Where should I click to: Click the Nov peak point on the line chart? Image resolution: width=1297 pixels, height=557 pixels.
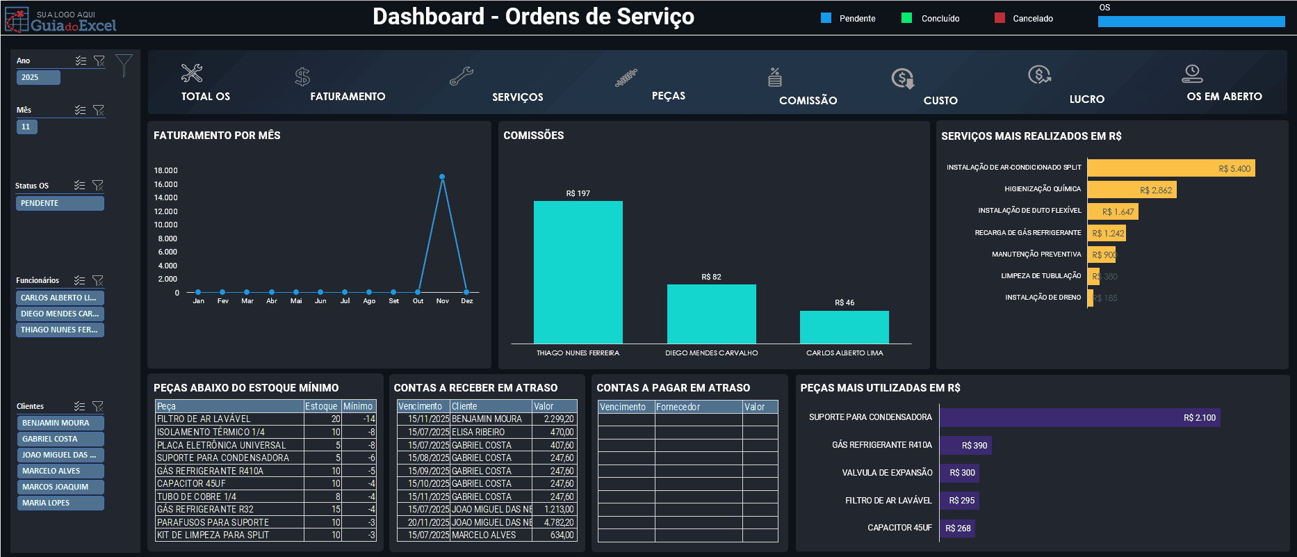[x=442, y=177]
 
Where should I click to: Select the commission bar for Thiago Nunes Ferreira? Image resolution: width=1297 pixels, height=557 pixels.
[x=578, y=272]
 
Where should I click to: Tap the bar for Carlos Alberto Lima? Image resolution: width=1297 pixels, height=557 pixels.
[x=844, y=327]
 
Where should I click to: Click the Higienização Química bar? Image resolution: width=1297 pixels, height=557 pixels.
[x=1131, y=190]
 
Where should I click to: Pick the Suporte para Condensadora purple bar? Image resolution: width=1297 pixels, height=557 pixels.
[x=1079, y=418]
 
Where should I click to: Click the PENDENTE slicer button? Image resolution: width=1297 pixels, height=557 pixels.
[x=60, y=203]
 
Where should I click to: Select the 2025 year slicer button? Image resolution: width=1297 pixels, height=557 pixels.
[x=38, y=77]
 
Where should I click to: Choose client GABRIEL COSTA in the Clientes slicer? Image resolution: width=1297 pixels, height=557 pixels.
[x=60, y=439]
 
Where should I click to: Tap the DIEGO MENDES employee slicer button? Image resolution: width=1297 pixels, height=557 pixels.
[x=60, y=314]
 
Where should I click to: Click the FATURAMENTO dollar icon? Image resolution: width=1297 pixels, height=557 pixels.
[x=302, y=76]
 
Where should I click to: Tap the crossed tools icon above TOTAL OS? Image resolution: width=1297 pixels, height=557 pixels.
[x=192, y=73]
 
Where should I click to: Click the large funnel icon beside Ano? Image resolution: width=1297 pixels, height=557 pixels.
[x=124, y=65]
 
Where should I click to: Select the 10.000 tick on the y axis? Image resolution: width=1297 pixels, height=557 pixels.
[x=166, y=225]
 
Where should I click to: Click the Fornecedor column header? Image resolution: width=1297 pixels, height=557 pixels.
[x=697, y=407]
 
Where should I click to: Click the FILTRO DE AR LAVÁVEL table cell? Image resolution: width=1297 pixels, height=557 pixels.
[x=229, y=419]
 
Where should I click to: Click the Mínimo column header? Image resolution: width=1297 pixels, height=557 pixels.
[x=358, y=406]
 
